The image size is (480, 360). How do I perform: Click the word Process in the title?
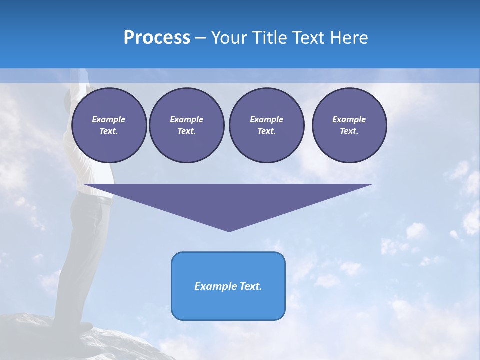pos(157,38)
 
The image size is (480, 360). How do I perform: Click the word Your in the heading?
pos(229,38)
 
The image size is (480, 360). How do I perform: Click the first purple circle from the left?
pos(109,125)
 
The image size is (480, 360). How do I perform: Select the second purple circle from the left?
pos(186,125)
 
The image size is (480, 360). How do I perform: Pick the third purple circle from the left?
pos(266,125)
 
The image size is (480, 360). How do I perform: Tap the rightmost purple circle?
pos(349,125)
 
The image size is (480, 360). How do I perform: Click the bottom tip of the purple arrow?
pos(229,230)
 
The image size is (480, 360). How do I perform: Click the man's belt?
pos(103,199)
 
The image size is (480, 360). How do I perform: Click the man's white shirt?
pos(95,170)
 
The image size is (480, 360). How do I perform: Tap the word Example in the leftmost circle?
pos(109,119)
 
